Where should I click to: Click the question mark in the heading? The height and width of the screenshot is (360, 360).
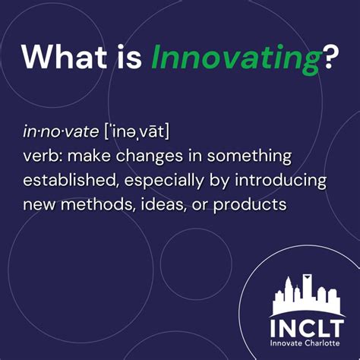(330, 56)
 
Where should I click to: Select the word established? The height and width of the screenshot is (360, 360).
(68, 182)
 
